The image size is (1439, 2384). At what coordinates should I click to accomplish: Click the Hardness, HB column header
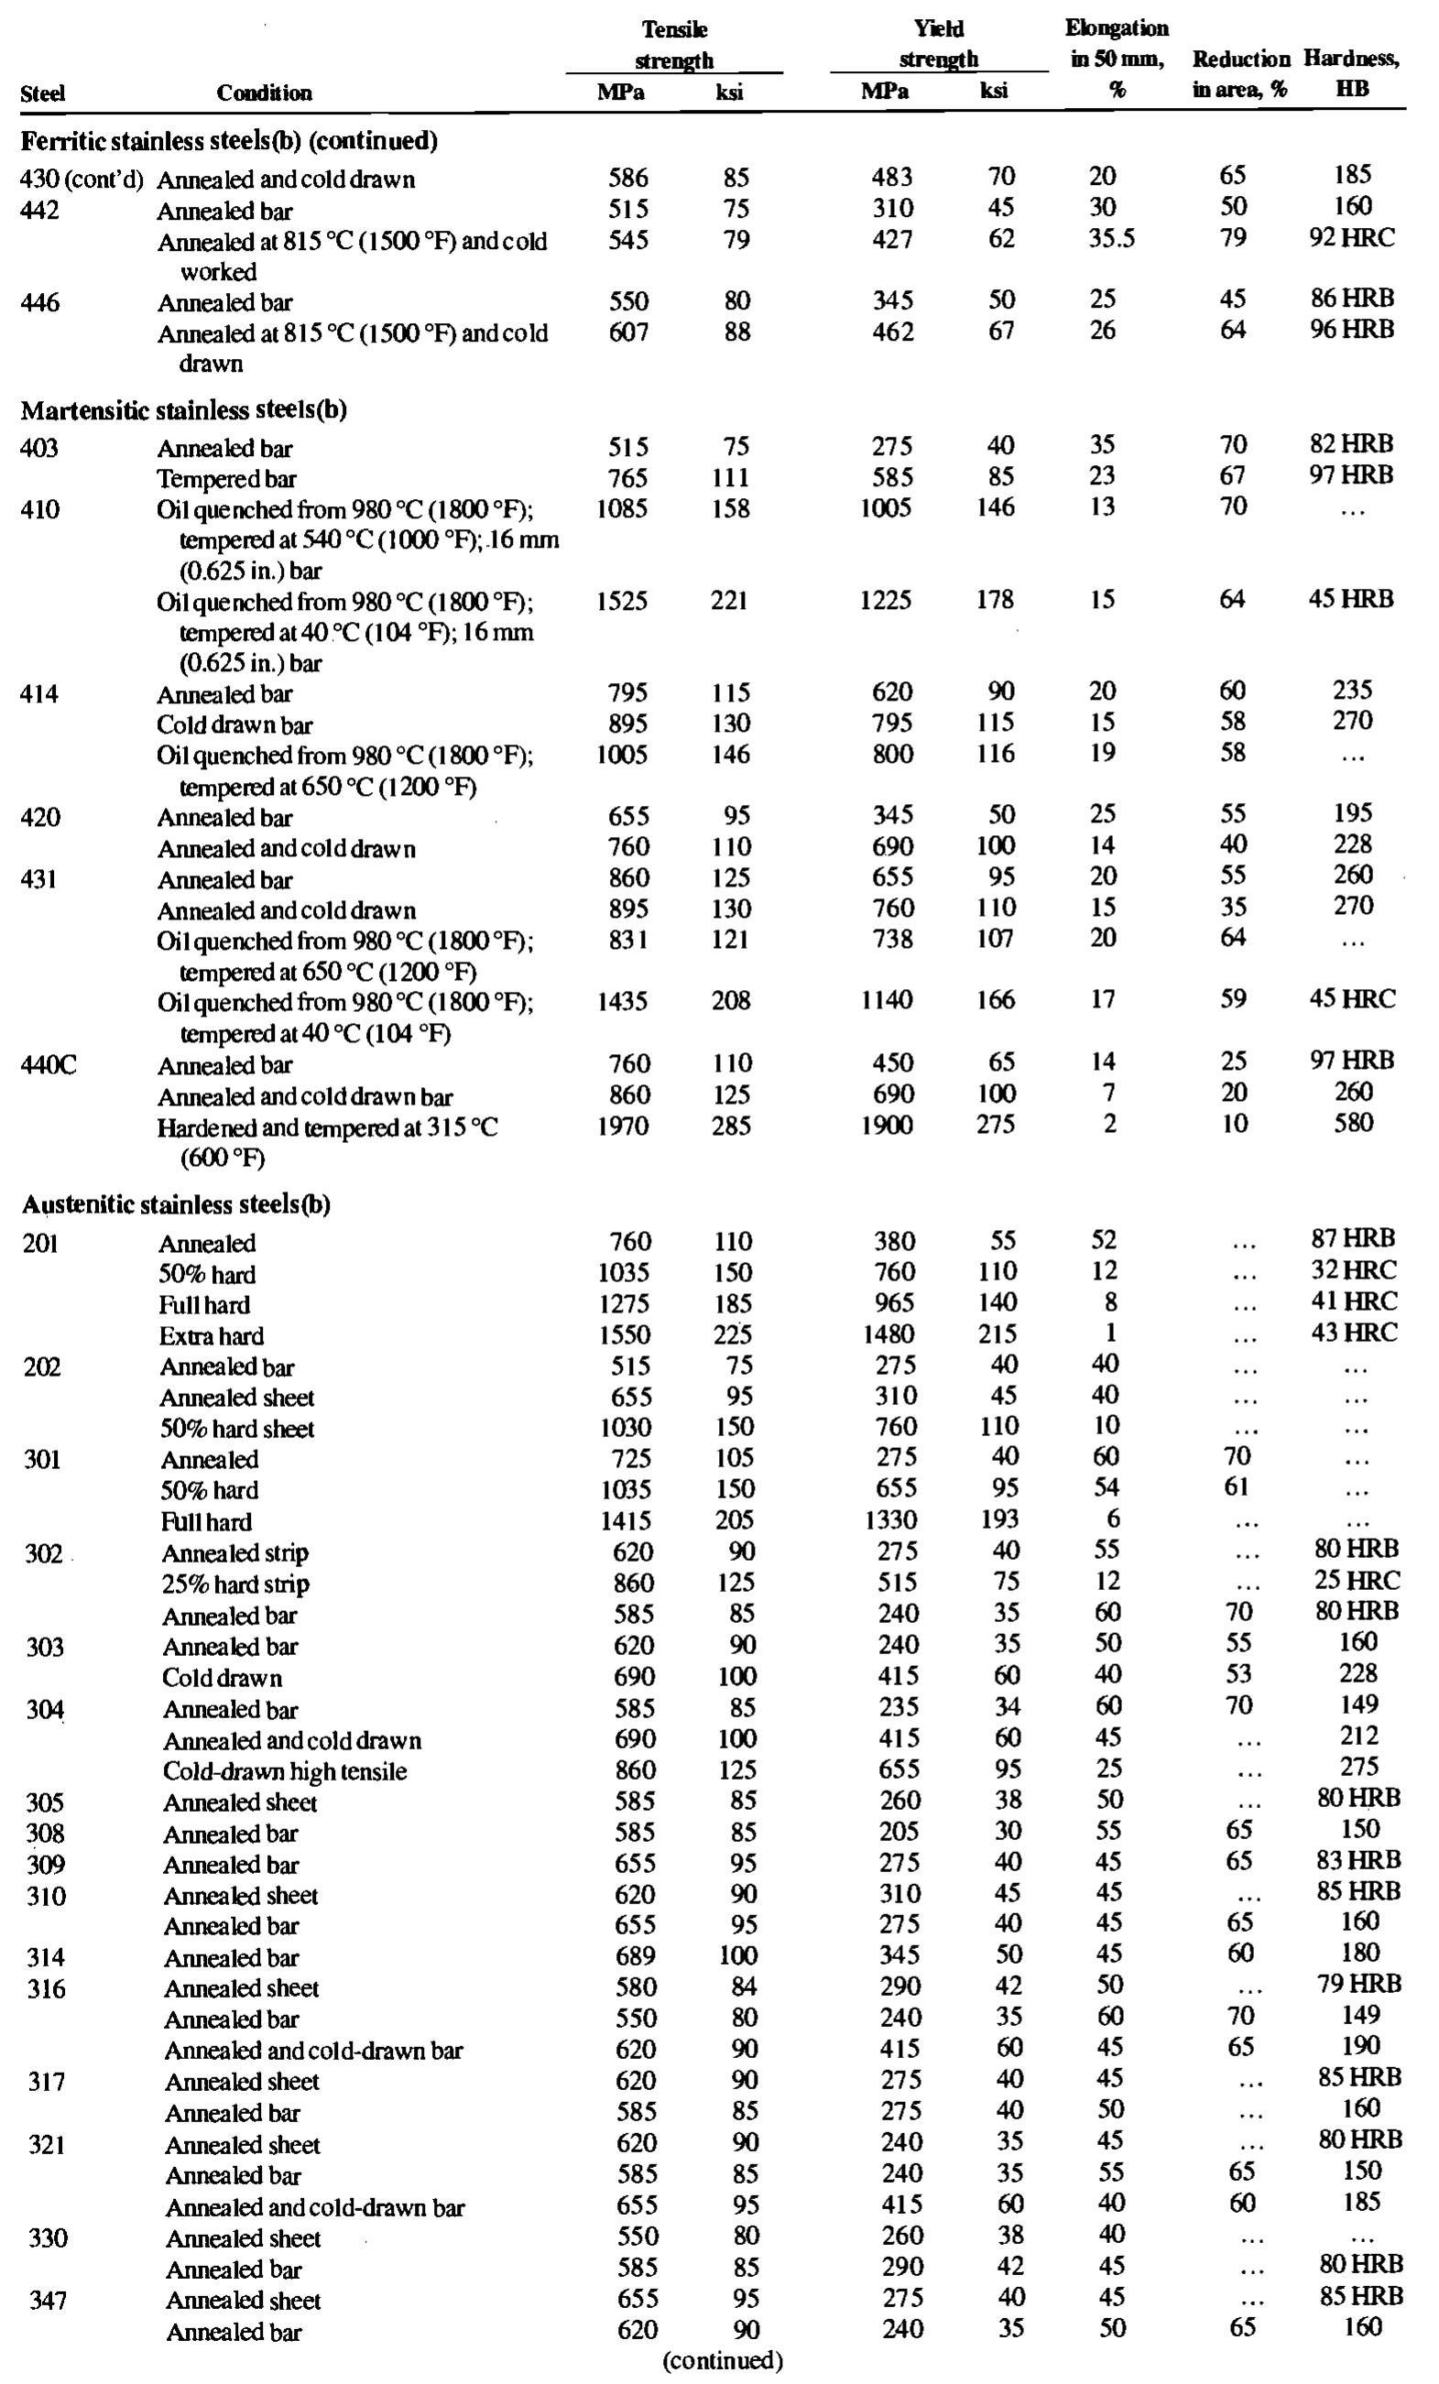[1351, 73]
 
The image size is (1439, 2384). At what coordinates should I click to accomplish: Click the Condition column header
[263, 93]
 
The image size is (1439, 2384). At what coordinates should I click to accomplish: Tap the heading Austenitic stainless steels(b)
[176, 1204]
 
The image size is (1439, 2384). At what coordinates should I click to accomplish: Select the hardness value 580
[1352, 1123]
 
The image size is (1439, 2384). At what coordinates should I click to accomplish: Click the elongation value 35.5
[1110, 238]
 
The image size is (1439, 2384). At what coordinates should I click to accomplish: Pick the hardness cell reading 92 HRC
[1352, 238]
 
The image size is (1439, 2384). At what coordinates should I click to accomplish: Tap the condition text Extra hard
[211, 1336]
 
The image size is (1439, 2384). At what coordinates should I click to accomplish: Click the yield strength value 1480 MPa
[888, 1334]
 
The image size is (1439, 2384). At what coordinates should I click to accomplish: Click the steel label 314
[46, 1957]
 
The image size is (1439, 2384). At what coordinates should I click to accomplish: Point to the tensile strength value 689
[635, 1956]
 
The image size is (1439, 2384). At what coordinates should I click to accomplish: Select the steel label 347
[48, 2300]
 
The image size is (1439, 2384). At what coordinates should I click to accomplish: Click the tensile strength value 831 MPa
[622, 940]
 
